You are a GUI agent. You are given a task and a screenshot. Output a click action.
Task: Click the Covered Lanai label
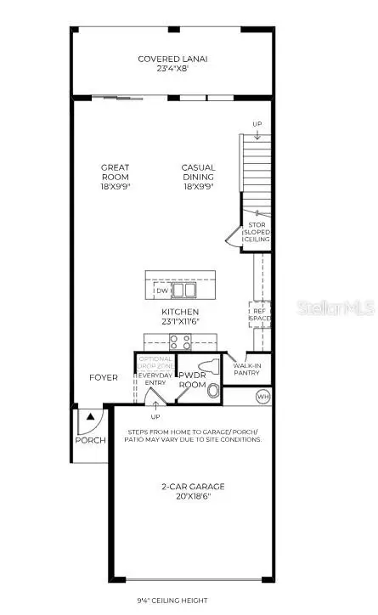pyautogui.click(x=173, y=64)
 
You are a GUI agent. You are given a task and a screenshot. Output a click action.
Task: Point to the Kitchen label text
pyautogui.click(x=180, y=317)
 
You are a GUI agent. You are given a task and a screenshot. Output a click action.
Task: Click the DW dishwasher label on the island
pyautogui.click(x=161, y=291)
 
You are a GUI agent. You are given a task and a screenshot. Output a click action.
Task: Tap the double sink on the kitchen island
pyautogui.click(x=183, y=291)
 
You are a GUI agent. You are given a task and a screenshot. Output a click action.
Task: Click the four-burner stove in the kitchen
pyautogui.click(x=181, y=342)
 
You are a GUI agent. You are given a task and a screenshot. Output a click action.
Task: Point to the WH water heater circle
pyautogui.click(x=262, y=396)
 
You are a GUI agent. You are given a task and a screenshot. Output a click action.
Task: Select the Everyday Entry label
pyautogui.click(x=155, y=381)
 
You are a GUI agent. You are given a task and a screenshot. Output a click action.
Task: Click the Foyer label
pyautogui.click(x=104, y=377)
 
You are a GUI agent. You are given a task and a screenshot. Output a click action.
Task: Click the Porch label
pyautogui.click(x=90, y=440)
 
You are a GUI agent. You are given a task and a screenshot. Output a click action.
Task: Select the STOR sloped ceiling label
pyautogui.click(x=257, y=232)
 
